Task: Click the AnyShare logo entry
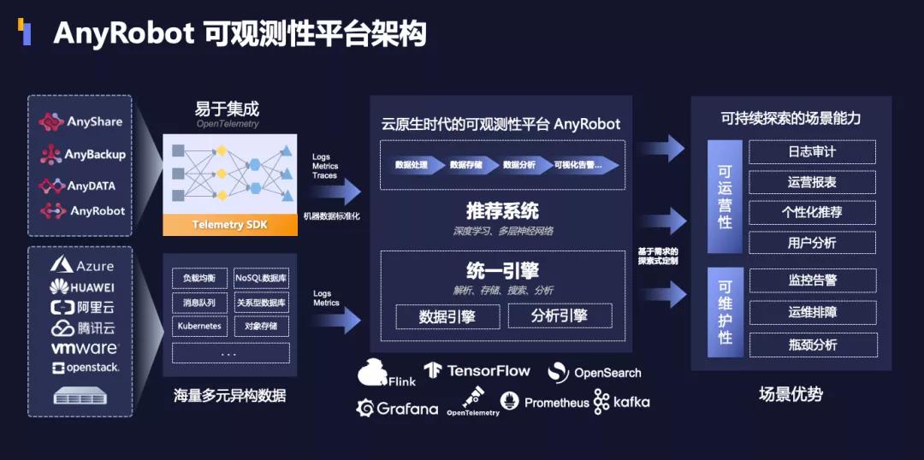pos(81,122)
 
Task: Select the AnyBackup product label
pos(83,155)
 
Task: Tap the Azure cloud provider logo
pos(81,266)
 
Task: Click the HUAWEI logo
pos(81,287)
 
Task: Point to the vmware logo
pos(83,348)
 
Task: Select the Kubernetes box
pos(199,327)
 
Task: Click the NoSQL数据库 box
pos(261,279)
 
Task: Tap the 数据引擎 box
pos(447,316)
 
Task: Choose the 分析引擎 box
pos(560,316)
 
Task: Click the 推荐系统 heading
pos(502,210)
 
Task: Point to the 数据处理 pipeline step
pos(412,164)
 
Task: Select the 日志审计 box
pos(812,152)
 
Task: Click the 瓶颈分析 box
pos(812,345)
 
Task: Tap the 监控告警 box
pos(812,280)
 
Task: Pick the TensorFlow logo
pos(477,371)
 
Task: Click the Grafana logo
pos(397,408)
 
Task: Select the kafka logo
pos(622,402)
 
